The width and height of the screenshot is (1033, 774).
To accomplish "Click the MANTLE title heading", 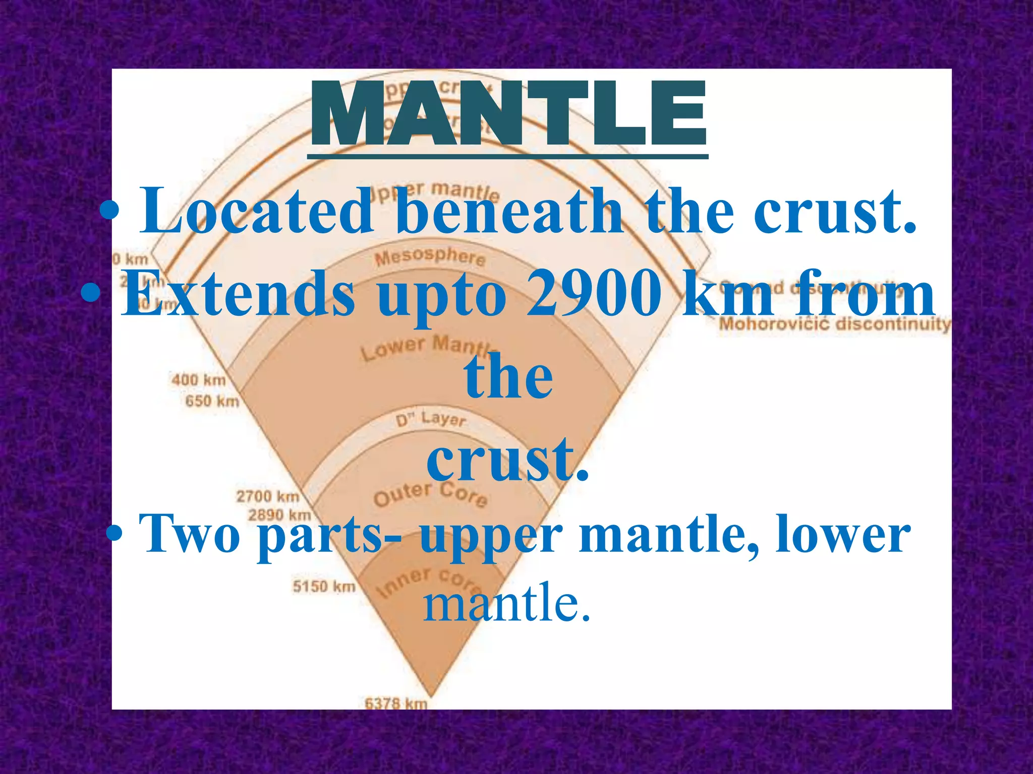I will coord(508,115).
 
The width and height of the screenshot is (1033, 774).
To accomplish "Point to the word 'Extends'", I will coord(238,294).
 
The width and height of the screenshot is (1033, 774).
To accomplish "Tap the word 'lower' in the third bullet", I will coord(842,533).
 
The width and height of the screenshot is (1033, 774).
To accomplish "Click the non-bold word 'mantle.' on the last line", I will coord(506,603).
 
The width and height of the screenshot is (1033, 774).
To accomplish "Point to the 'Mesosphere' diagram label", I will coord(430,256).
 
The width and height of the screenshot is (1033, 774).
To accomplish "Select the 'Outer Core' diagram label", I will coord(430,493).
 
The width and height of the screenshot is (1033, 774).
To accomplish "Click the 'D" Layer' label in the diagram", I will coord(430,419).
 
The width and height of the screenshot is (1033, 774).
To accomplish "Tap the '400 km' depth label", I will coord(199,379).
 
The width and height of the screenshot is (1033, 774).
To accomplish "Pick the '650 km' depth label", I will coord(212,401).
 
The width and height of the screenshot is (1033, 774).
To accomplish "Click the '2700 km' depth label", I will coord(268,496).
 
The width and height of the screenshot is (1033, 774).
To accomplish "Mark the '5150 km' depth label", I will coord(324,587).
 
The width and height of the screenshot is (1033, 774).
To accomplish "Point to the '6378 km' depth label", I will coord(396,702).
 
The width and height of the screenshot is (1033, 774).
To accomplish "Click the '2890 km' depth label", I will coord(279,515).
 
